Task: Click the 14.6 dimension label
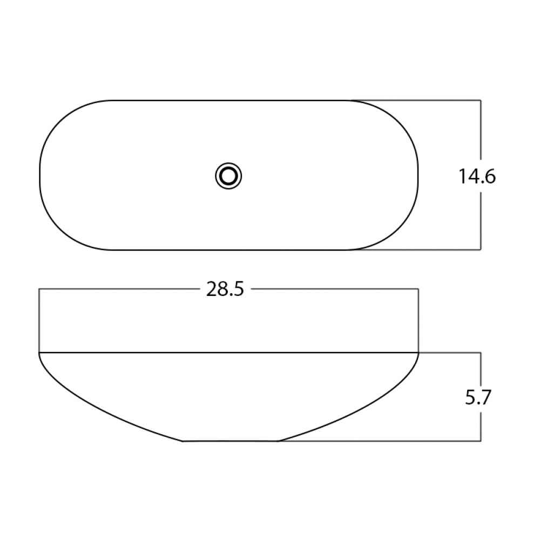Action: [x=477, y=177]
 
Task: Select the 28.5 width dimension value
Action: [x=225, y=289]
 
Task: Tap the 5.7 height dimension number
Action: [x=478, y=397]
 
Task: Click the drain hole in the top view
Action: [x=228, y=176]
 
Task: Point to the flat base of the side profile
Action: [x=230, y=441]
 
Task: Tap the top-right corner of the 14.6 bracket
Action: [x=481, y=100]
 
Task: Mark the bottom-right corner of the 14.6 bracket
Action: [x=481, y=249]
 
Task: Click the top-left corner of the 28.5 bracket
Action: [x=39, y=289]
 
